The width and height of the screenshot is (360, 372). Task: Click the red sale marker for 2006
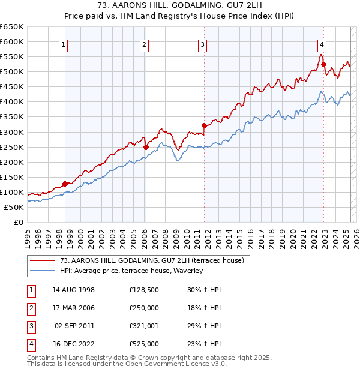point(146,146)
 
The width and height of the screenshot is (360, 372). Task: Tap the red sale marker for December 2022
point(323,64)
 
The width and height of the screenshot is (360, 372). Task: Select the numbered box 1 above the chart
point(63,44)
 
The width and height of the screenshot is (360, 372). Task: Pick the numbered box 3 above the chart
point(203,44)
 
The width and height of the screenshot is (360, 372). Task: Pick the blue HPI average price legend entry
point(131,271)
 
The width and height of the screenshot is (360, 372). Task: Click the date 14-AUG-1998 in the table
point(74,290)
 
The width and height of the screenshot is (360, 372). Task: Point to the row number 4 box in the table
point(30,344)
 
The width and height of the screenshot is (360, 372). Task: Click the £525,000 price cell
point(144,344)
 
